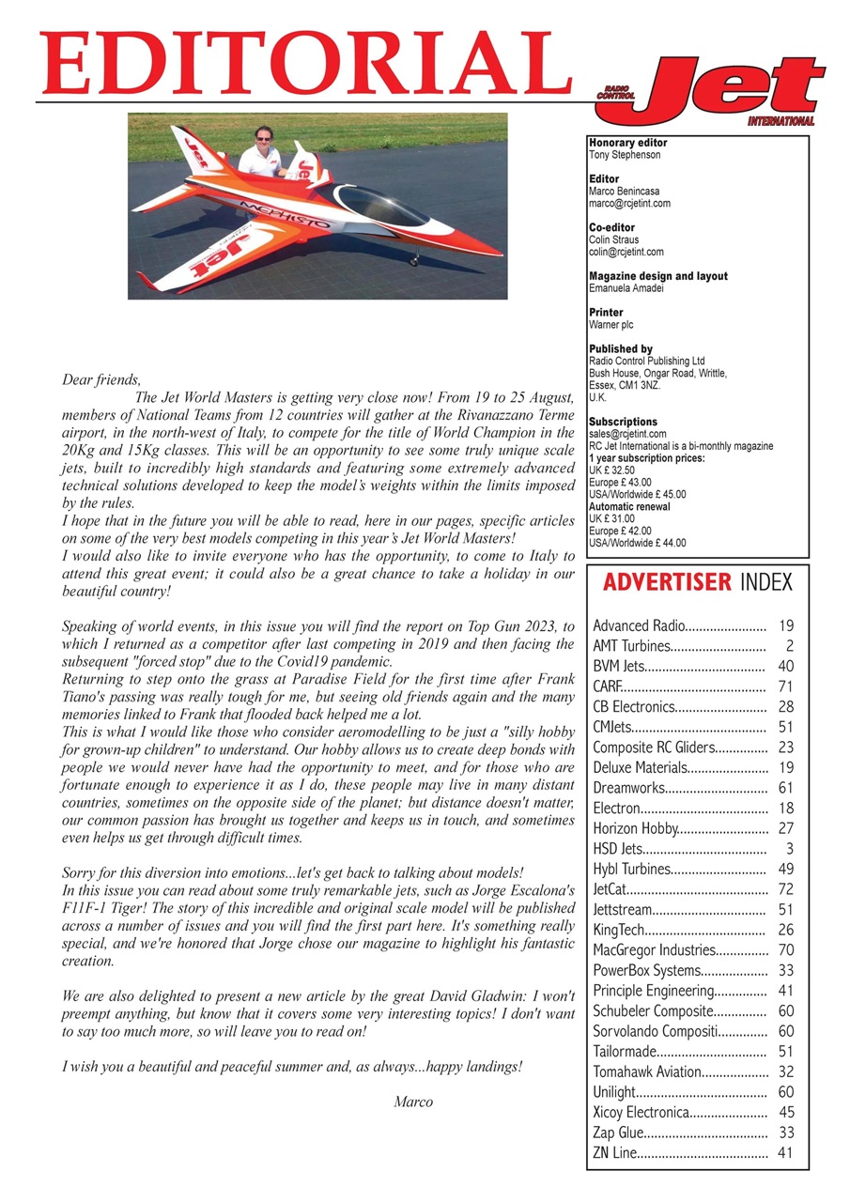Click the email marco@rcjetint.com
click(627, 203)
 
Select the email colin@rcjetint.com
click(626, 252)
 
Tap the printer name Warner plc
click(613, 324)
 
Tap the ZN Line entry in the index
click(614, 1152)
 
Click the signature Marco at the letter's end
click(413, 1102)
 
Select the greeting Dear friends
click(100, 380)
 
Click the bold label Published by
click(620, 349)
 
